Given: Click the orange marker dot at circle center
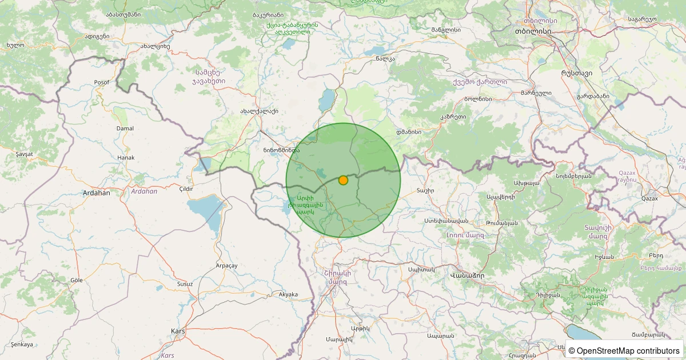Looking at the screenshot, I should tap(343, 180).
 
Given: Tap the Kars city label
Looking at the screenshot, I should tap(178, 331).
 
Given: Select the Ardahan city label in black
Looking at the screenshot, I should tap(96, 193).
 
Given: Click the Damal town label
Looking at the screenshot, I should tap(125, 129).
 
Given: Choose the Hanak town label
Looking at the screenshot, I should tap(125, 158).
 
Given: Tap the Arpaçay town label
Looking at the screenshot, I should tap(226, 266).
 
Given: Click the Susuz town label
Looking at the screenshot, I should tap(185, 284).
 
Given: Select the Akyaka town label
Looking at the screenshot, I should tap(288, 295).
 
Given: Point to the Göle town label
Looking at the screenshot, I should tap(76, 280).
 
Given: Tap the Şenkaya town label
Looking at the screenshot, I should tap(22, 345).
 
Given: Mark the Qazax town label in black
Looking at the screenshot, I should tap(649, 199).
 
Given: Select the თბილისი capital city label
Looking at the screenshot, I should tap(532, 31).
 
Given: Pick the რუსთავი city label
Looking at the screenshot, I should tap(576, 73).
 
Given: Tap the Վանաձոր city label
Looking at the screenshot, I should tap(467, 275).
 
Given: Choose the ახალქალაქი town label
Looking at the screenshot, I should tap(259, 112).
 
